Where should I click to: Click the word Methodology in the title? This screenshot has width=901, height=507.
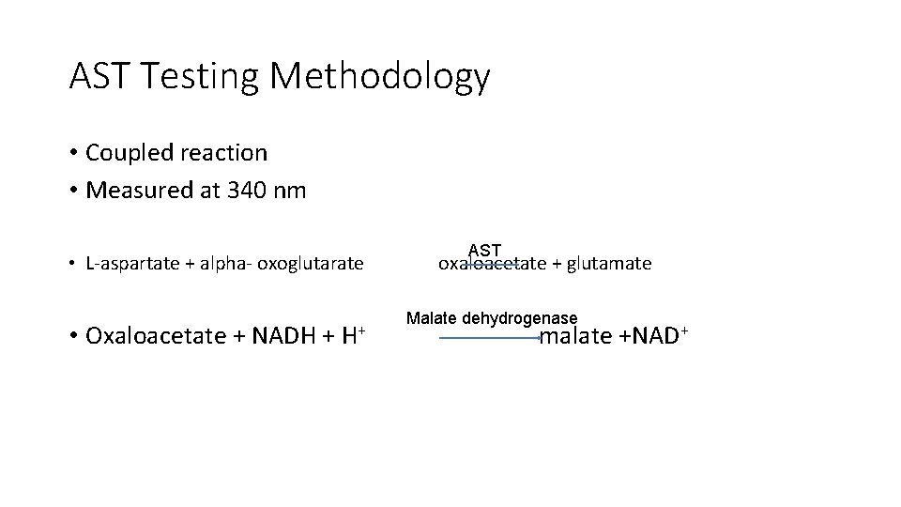[x=379, y=77]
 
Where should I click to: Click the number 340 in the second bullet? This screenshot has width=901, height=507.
[x=246, y=190]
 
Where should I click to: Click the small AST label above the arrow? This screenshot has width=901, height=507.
[x=484, y=251]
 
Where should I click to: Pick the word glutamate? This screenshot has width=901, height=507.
[x=607, y=264]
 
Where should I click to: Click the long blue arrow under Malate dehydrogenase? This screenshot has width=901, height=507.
[x=488, y=338]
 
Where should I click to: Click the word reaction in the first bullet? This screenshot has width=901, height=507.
[x=224, y=152]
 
